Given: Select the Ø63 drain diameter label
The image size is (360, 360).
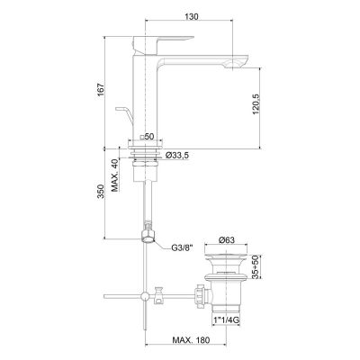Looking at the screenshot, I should pyautogui.click(x=229, y=240).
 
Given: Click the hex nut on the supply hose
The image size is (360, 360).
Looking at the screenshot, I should pyautogui.click(x=147, y=239).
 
